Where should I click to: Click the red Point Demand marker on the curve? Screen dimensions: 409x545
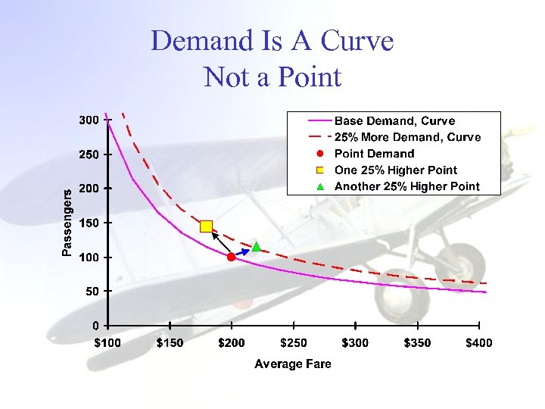coord(232,257)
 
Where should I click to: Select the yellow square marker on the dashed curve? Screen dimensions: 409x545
coord(207,226)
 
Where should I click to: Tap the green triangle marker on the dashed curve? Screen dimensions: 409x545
coord(256,246)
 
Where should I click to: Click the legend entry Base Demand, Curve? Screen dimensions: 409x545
coord(394,121)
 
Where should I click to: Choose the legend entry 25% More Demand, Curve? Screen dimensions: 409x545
coord(407,137)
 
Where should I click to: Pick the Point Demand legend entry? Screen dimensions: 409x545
coord(374,154)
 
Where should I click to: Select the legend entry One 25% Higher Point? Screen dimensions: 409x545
coord(395,170)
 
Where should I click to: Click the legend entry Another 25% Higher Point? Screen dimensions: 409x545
coord(406,186)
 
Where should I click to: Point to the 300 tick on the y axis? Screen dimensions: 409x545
coord(89,120)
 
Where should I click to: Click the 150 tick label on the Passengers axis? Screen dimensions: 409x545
coord(89,223)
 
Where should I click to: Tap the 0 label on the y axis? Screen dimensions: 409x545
coord(95,326)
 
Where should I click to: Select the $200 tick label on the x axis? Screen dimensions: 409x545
coord(232,343)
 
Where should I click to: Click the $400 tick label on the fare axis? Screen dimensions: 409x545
coord(478,343)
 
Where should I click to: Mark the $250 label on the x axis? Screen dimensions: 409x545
coord(294,343)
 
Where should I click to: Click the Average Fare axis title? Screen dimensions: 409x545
coord(293,364)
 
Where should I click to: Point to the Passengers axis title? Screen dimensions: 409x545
coord(67,223)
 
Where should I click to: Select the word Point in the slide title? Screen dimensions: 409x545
coord(309,76)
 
